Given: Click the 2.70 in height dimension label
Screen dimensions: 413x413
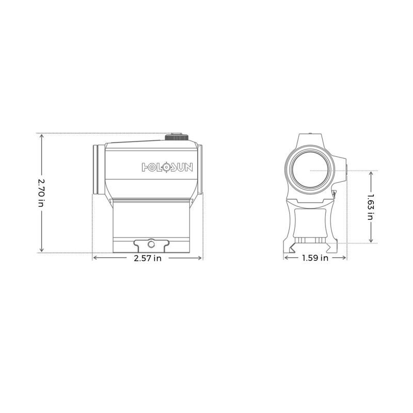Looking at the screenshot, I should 41,193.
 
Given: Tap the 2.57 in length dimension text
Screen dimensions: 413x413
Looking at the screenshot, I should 147,258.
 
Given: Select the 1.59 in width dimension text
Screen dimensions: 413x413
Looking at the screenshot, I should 315,258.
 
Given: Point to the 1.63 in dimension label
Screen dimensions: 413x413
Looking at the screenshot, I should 370,206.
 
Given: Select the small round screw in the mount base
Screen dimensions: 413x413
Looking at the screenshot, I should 152,243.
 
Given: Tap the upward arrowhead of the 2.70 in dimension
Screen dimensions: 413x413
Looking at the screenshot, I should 41,136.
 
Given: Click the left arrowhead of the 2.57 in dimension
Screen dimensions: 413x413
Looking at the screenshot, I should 94,258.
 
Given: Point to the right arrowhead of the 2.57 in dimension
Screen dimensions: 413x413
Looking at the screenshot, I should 200,258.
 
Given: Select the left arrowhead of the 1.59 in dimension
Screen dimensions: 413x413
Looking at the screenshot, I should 286,258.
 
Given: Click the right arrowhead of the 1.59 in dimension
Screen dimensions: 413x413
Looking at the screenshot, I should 345,258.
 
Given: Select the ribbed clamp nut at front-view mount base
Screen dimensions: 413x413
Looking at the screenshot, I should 311,240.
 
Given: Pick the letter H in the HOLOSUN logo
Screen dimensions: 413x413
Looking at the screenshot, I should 146,167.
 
